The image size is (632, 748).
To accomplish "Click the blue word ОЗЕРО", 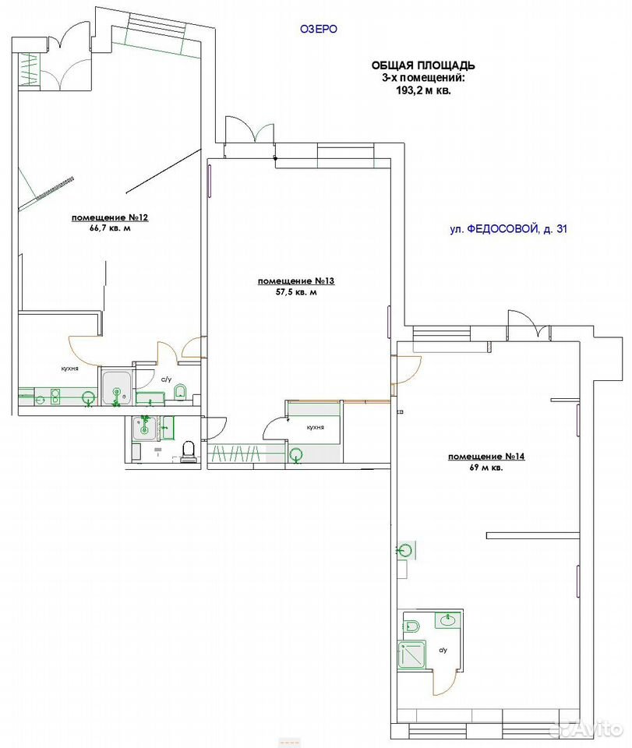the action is (x=318, y=29).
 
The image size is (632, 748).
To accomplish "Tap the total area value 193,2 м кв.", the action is (x=423, y=90).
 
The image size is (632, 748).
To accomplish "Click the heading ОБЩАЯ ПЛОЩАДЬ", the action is (x=423, y=65).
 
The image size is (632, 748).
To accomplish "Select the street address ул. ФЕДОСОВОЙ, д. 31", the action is (x=509, y=229).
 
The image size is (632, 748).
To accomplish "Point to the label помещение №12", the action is (x=110, y=218).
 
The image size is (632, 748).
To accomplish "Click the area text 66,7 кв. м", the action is (x=110, y=228).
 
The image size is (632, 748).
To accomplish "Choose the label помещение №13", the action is (x=295, y=281).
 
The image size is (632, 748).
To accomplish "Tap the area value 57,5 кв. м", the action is (x=295, y=292).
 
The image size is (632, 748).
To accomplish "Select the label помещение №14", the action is (x=486, y=457).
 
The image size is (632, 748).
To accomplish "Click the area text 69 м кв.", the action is (x=486, y=468).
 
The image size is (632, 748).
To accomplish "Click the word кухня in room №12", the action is (x=69, y=369).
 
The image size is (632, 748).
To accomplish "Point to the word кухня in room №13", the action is (x=316, y=428).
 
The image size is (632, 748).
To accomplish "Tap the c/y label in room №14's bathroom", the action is (x=443, y=650).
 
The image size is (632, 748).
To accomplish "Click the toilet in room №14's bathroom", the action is (x=412, y=626).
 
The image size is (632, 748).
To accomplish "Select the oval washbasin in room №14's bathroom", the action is (x=448, y=621).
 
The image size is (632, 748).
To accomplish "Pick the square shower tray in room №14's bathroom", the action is (x=411, y=656).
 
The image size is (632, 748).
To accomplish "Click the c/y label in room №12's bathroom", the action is (x=166, y=379).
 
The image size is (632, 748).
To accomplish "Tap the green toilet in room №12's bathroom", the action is (x=180, y=392).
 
